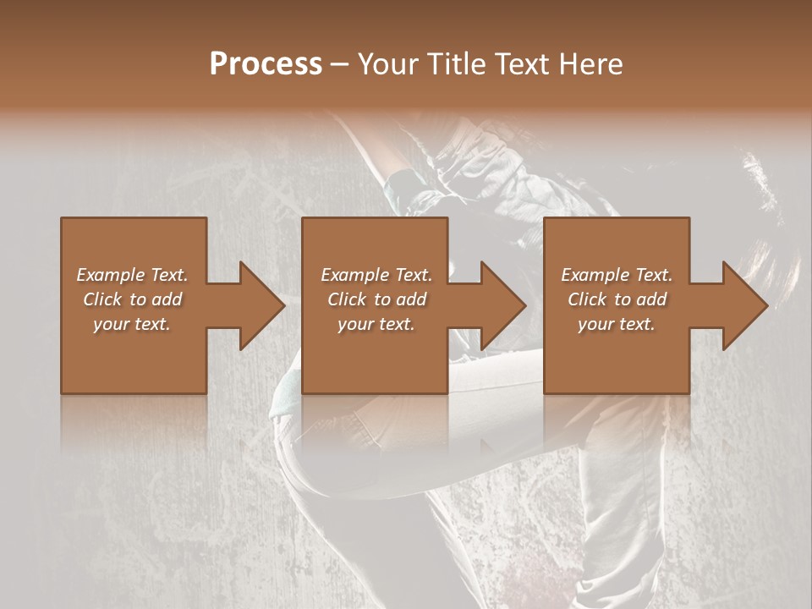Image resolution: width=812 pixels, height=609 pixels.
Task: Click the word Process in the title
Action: (266, 64)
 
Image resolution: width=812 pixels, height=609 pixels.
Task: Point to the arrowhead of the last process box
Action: (743, 305)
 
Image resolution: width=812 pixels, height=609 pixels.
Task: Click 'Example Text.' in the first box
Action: (132, 275)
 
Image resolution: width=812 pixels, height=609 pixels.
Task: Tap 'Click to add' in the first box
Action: (132, 299)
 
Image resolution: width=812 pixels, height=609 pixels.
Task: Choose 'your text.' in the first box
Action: (132, 324)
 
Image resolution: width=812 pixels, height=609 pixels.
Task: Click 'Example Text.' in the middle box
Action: (376, 275)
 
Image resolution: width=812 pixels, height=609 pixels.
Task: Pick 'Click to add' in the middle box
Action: (376, 299)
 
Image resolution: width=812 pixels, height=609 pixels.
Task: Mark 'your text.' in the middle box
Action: (376, 324)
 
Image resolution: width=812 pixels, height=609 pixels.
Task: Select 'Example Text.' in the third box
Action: (617, 275)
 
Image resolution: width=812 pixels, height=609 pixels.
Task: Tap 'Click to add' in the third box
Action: (617, 299)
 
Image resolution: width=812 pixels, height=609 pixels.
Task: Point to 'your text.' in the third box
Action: (617, 324)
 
